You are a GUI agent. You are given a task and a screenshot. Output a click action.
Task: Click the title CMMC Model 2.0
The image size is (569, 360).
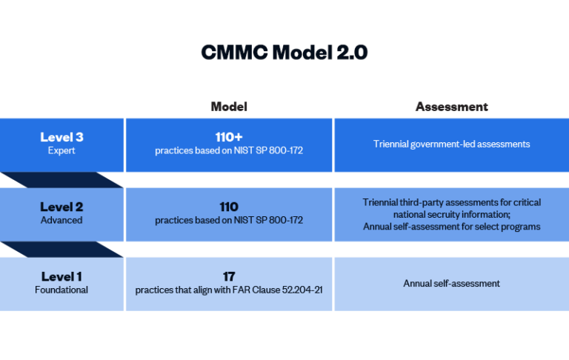(284, 53)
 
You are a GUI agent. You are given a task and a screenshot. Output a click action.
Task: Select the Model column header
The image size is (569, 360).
(229, 107)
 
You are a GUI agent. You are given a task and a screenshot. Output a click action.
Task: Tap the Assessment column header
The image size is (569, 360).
(451, 107)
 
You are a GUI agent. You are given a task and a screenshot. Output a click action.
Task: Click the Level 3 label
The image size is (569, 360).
(61, 137)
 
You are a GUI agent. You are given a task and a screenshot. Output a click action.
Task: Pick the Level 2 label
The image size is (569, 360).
(61, 207)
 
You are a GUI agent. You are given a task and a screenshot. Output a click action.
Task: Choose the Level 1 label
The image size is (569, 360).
(61, 276)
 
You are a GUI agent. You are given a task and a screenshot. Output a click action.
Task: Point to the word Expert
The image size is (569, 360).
(61, 150)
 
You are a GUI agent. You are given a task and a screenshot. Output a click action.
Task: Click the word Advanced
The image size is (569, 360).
(61, 220)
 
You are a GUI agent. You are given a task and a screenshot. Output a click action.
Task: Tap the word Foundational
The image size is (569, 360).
(61, 290)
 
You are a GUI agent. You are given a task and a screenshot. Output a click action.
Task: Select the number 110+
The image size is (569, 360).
(229, 137)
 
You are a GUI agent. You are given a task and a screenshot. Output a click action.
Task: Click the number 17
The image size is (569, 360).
(229, 276)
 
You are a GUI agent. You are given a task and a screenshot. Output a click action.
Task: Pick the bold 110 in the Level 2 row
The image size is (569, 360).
(229, 207)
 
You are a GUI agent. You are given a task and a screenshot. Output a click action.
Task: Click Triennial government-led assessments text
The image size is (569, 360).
(451, 144)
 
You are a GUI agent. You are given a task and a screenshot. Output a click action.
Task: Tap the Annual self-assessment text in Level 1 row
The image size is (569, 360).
(451, 283)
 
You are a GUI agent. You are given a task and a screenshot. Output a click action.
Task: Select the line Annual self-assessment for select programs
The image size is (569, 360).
(451, 226)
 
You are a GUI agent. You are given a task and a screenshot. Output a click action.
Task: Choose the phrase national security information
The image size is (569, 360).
(451, 214)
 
